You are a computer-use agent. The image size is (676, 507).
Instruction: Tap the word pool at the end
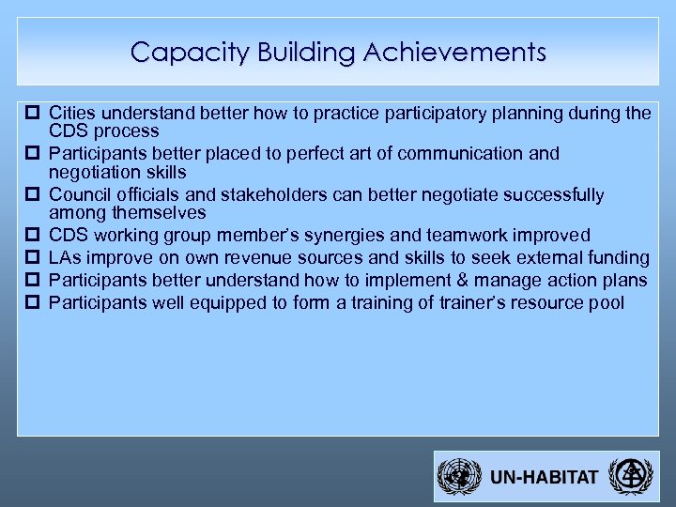(x=606, y=303)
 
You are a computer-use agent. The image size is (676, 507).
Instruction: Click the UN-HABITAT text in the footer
(x=544, y=477)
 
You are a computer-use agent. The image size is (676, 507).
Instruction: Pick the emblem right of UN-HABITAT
(x=627, y=477)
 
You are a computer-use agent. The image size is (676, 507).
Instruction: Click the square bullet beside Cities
(x=34, y=114)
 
